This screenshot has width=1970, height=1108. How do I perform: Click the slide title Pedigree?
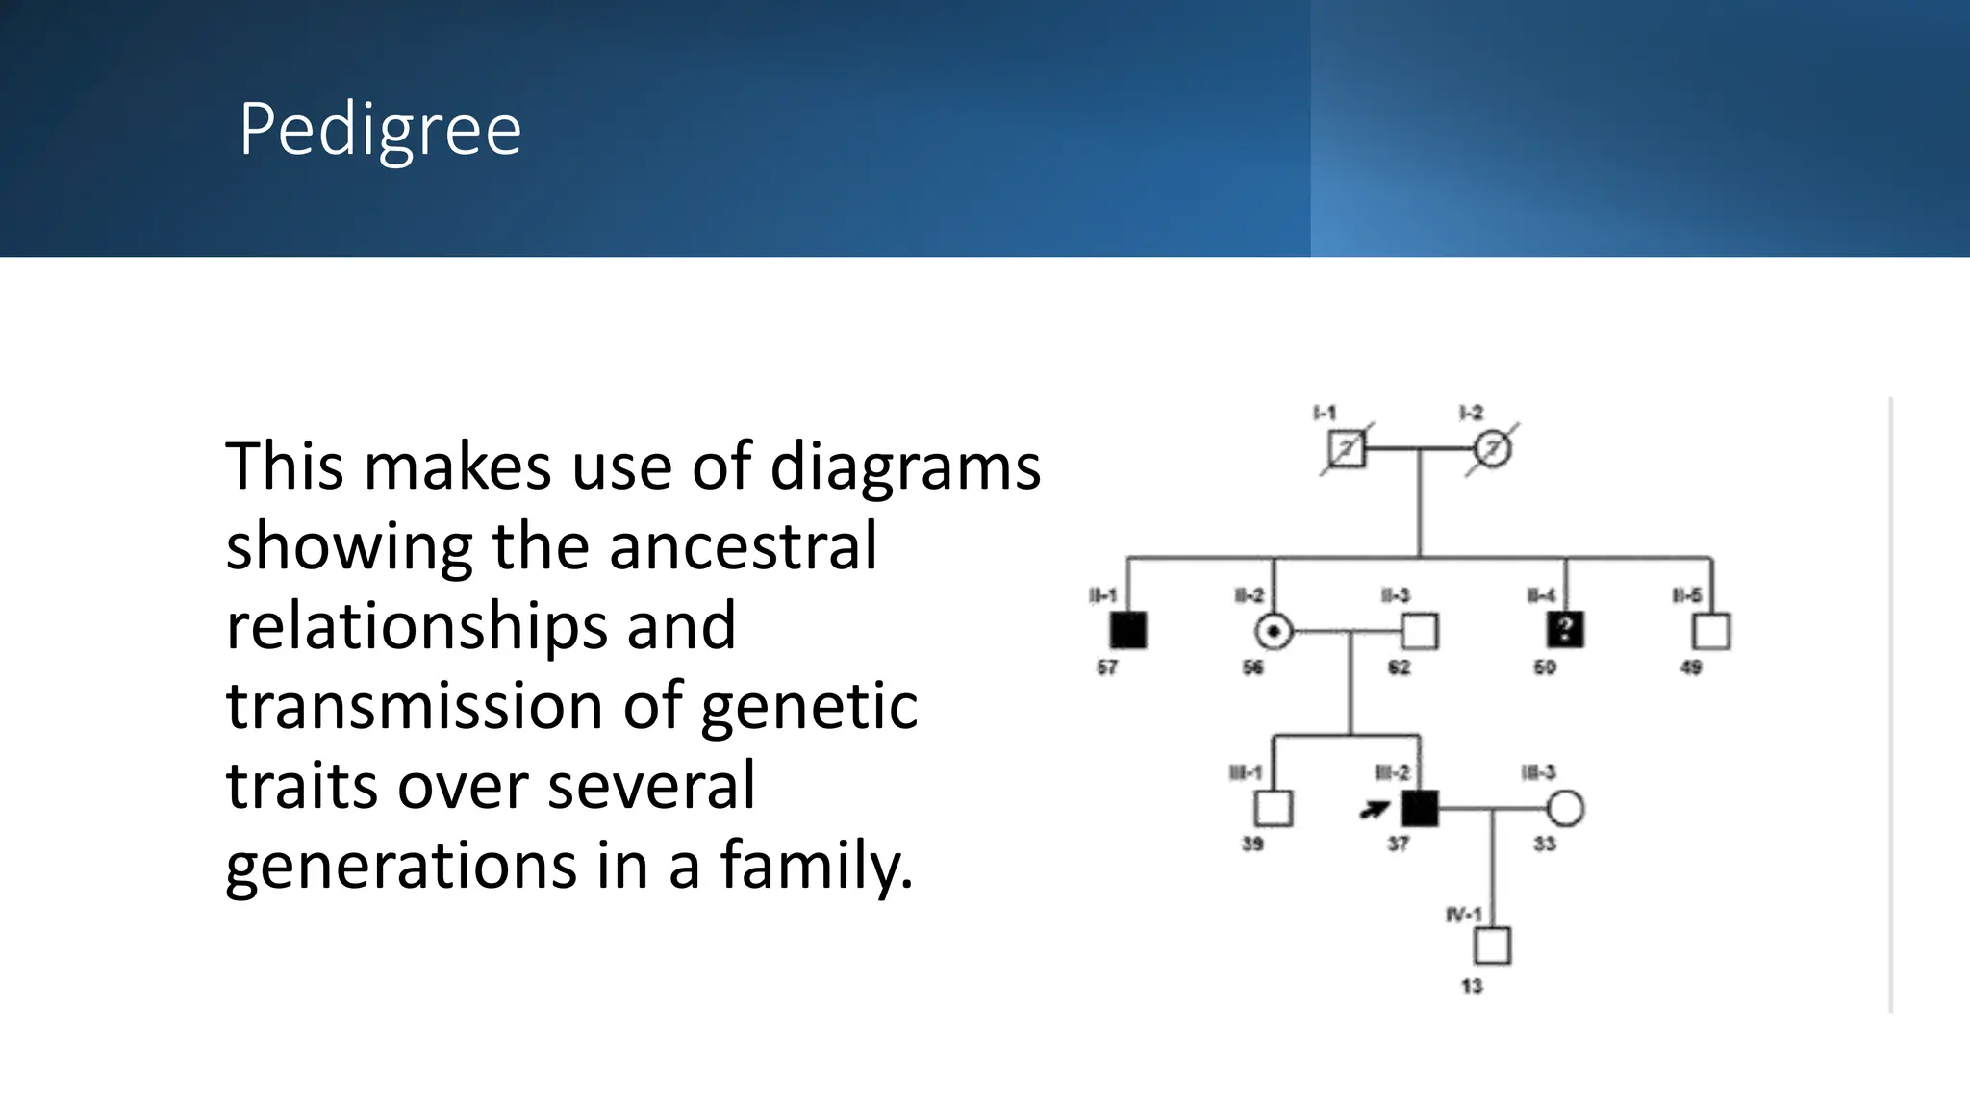click(380, 129)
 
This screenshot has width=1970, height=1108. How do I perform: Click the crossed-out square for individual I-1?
click(1346, 449)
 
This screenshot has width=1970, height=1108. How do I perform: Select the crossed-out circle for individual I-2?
click(1492, 449)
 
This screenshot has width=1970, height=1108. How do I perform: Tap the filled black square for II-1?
click(1127, 631)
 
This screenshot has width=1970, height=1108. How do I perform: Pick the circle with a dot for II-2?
click(1274, 632)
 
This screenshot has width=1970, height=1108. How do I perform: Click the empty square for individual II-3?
click(1420, 632)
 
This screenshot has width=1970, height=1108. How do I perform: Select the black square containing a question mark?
click(1565, 631)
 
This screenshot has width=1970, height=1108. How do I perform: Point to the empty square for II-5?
click(1711, 632)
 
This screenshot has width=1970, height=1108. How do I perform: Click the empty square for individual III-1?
click(1274, 809)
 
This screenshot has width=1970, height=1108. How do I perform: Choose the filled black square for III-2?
click(1420, 809)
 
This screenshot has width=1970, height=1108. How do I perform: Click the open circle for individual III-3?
click(1565, 809)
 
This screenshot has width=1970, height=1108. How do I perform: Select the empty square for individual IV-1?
click(1492, 946)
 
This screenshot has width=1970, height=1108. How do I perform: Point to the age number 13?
click(1472, 986)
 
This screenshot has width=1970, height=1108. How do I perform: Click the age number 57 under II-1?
click(1107, 667)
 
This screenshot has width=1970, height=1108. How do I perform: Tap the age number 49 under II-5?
click(1691, 667)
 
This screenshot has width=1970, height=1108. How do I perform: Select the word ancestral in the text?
click(743, 546)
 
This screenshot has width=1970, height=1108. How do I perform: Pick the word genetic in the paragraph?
click(809, 707)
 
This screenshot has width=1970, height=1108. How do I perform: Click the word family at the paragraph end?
click(816, 865)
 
